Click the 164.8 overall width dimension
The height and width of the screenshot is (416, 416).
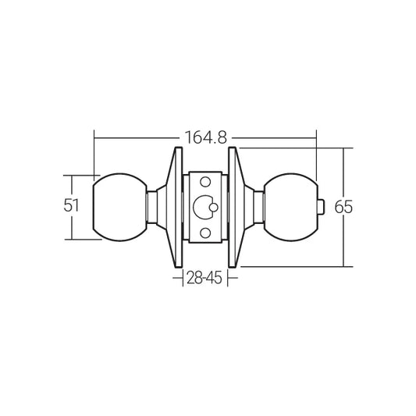[x=205, y=138]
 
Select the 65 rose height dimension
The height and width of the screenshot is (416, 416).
[x=344, y=208]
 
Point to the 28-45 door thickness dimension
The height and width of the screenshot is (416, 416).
[x=205, y=276]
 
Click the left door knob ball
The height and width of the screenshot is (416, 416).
[x=119, y=206]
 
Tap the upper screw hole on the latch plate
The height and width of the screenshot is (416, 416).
[x=205, y=182]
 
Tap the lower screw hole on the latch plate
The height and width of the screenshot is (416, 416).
[x=205, y=233]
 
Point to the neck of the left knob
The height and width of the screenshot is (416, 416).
[x=151, y=206]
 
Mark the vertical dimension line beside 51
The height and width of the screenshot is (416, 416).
[x=73, y=226]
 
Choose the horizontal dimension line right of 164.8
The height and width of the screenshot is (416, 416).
[x=273, y=138]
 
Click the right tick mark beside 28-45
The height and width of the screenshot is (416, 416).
[x=229, y=276]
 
